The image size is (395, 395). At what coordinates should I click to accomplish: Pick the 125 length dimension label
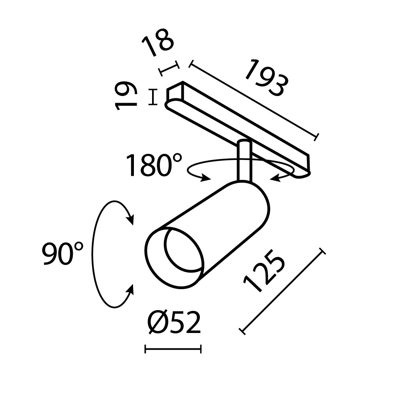pos(264,273)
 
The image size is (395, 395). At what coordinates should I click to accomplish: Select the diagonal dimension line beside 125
pos(283,292)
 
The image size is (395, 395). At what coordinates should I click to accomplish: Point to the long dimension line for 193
pos(253,100)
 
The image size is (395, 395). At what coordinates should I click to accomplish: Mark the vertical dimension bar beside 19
pos(152,97)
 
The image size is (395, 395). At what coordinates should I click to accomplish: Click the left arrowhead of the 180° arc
pos(205,179)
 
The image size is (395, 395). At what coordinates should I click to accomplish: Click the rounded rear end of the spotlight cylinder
pos(261,205)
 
